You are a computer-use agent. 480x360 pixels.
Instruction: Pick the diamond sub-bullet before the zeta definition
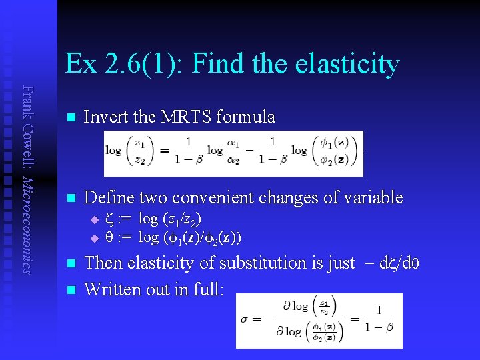94,220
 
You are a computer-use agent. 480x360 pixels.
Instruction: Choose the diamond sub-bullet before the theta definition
94,238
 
